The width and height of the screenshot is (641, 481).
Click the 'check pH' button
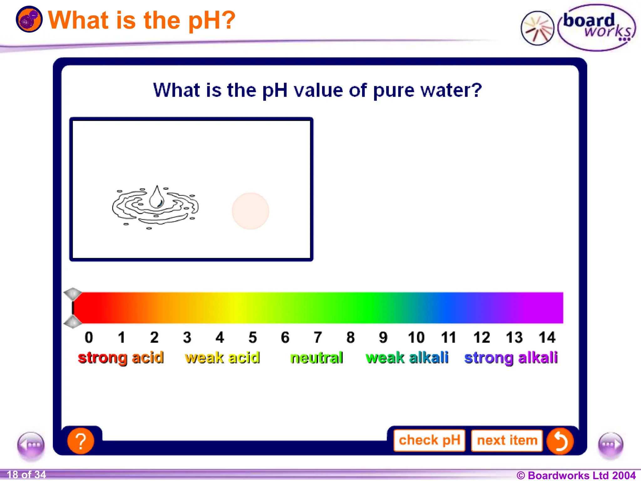[429, 440]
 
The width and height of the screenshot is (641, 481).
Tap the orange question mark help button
[81, 441]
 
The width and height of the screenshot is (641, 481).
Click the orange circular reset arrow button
[560, 441]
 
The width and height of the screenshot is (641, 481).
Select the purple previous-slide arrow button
[31, 445]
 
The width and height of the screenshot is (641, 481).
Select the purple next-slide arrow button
[611, 445]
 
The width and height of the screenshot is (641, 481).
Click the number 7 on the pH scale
[318, 338]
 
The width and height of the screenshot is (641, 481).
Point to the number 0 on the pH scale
[89, 338]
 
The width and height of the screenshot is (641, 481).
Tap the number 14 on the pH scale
[547, 338]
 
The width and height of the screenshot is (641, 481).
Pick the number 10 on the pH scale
[416, 338]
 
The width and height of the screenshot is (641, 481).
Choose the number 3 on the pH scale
[187, 338]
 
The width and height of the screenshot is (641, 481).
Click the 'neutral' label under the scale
[316, 358]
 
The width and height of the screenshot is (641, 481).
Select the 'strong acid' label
[121, 358]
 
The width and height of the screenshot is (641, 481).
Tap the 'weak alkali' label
[407, 358]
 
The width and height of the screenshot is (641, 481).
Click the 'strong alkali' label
[511, 358]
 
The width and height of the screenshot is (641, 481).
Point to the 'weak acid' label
[222, 358]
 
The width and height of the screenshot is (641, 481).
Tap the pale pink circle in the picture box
[250, 211]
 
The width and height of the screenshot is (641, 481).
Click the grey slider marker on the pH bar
[73, 308]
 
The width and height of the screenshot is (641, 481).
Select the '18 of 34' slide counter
[26, 475]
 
